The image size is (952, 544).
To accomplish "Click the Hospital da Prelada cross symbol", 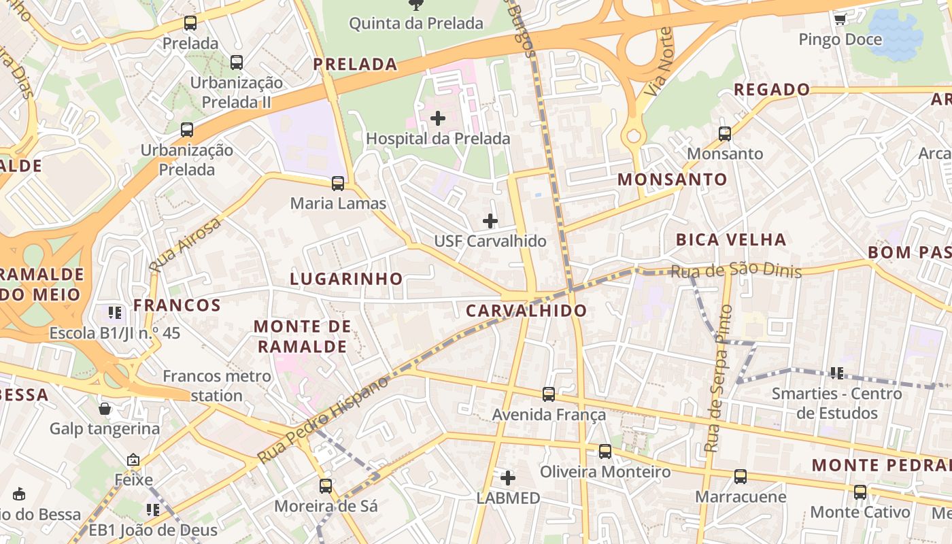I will pos(438,118).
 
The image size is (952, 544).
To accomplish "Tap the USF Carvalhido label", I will pos(490,241).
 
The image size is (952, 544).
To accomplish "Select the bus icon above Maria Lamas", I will pos(337,184).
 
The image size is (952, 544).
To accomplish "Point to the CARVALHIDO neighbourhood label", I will pos(526,311).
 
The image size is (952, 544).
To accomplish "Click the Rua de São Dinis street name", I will pos(736,271).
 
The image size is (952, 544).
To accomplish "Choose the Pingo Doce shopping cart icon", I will pos(840,19).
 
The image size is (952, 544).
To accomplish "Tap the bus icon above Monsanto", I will pos(725,134).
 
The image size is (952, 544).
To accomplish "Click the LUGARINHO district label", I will pos(346,279).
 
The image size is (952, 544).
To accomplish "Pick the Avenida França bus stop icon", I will pos(549,394).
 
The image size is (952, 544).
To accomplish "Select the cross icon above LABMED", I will pos(507,478).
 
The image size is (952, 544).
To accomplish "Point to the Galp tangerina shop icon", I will pos(105,409).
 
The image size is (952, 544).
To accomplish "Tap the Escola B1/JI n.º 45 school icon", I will pos(115,313).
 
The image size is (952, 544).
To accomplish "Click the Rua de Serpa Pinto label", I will pos(718,379).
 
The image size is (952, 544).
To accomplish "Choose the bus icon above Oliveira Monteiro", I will pos(605,452).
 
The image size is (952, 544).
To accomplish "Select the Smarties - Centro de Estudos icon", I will pos(836,373).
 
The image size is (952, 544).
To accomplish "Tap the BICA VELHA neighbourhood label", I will pos(730,239).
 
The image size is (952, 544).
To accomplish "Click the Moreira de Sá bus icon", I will pos(326,486).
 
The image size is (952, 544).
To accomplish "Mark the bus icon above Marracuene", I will pos(741,477).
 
